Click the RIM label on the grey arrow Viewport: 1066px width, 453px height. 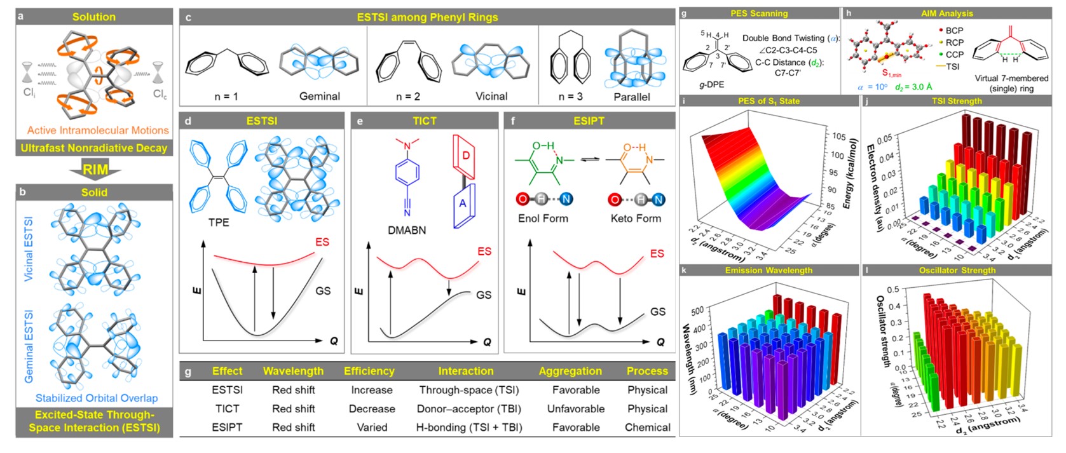click(95, 170)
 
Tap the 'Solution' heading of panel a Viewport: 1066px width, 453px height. click(94, 17)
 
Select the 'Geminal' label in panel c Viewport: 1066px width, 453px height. click(319, 97)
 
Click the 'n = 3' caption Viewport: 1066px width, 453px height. click(570, 97)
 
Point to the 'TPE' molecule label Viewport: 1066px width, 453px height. click(219, 222)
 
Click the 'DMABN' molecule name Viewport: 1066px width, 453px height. click(407, 230)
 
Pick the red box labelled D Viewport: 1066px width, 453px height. click(465, 156)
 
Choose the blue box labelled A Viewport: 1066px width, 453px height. click(463, 203)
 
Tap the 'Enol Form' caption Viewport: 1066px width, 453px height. click(543, 219)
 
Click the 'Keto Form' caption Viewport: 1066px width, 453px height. click(636, 219)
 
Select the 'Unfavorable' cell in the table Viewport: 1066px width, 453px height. click(576, 409)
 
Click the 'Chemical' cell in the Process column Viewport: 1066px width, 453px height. click(647, 427)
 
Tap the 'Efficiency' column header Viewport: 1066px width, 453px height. click(369, 371)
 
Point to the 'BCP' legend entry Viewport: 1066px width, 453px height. click(954, 30)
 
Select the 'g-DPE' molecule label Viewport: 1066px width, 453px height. click(711, 85)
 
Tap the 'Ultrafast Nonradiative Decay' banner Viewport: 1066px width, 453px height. click(94, 148)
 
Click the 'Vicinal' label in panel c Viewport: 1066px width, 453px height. click(491, 97)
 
